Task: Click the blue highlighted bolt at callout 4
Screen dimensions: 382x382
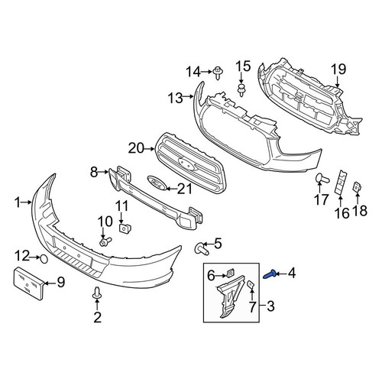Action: click(268, 274)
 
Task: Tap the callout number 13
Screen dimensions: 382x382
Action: click(175, 98)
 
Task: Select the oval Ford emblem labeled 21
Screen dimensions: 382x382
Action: click(157, 183)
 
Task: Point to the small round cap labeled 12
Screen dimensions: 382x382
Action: click(44, 259)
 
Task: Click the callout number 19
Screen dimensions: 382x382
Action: click(338, 69)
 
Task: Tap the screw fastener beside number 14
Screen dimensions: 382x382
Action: click(218, 73)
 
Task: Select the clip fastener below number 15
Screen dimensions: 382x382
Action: click(241, 89)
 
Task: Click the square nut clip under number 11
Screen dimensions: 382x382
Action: click(125, 228)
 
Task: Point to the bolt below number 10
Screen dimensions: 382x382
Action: click(105, 241)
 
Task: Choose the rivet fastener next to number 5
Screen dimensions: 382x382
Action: click(201, 249)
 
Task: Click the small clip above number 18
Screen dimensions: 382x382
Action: click(357, 187)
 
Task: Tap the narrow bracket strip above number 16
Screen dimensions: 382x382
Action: click(340, 183)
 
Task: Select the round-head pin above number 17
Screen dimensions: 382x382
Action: click(322, 179)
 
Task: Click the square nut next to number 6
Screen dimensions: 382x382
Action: click(230, 274)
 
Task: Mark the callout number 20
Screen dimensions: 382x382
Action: click(136, 148)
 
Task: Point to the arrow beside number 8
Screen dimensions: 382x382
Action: click(103, 172)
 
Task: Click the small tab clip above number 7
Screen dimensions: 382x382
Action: click(251, 284)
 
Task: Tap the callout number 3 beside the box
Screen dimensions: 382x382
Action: click(270, 306)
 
